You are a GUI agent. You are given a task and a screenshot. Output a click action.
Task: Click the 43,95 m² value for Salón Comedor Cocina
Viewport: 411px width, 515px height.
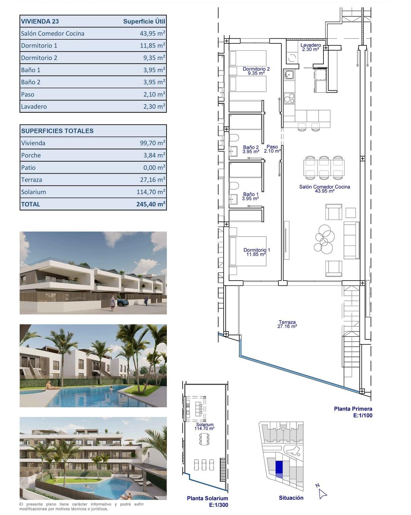click(x=150, y=33)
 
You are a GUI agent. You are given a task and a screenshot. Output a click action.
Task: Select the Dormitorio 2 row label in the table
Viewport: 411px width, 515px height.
click(x=39, y=58)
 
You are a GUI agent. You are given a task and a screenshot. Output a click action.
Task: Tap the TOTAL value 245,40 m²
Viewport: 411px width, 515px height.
click(x=151, y=204)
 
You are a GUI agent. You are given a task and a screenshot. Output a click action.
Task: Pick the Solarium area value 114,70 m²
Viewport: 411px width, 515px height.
click(x=151, y=192)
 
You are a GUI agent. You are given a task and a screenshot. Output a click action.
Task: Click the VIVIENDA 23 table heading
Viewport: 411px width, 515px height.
click(x=40, y=21)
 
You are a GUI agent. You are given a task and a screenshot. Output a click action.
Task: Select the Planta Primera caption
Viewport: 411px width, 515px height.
click(x=353, y=409)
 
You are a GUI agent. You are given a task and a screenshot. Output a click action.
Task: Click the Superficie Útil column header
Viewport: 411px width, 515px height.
click(x=144, y=21)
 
